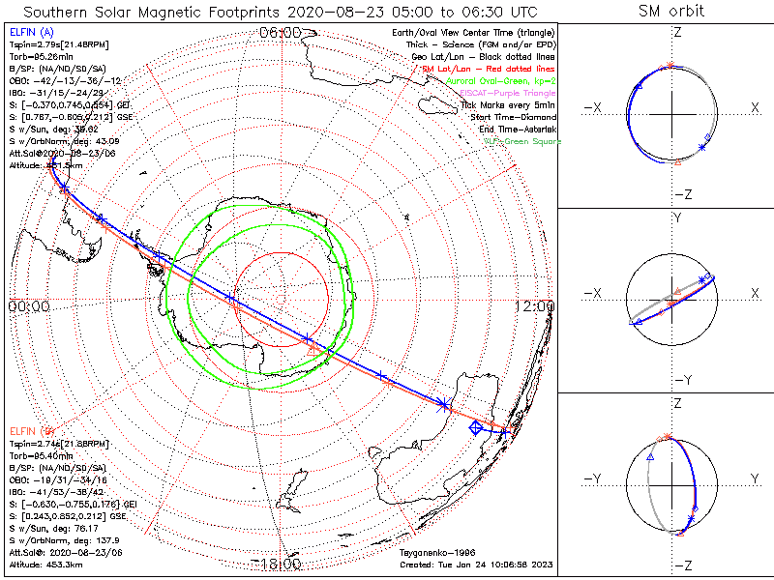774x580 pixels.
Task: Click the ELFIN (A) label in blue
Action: (31, 33)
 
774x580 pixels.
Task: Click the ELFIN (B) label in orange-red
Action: (31, 429)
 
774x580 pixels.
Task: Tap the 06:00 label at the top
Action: (280, 33)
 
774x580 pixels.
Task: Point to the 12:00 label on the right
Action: (535, 306)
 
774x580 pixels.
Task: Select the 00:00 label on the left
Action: (28, 306)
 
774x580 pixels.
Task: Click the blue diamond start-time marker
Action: (475, 427)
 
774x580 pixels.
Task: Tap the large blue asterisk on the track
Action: (444, 403)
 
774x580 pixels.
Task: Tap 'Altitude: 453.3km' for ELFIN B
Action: (45, 565)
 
